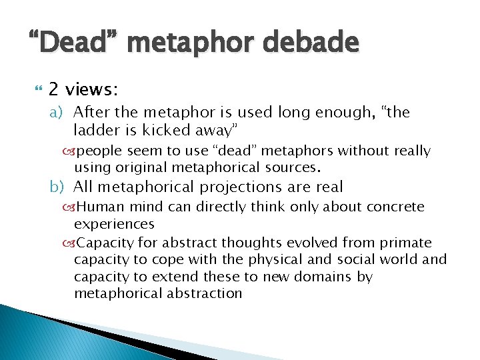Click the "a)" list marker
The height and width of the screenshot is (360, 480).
click(x=57, y=112)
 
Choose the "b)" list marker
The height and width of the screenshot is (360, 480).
click(x=57, y=187)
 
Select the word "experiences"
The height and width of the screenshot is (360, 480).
click(x=114, y=225)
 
